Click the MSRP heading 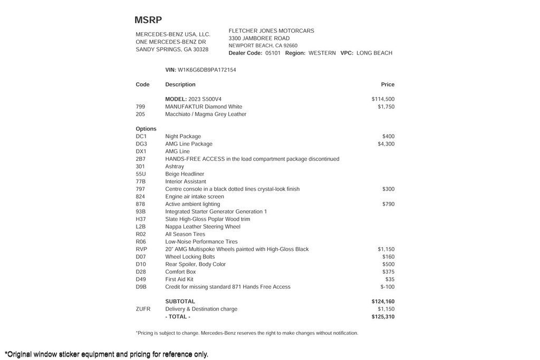click(x=148, y=20)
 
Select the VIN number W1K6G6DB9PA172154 click(x=207, y=70)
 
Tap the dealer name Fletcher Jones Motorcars click(x=271, y=31)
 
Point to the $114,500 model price click(x=383, y=99)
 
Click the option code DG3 click(x=141, y=144)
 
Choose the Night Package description click(x=183, y=137)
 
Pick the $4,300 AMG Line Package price click(x=386, y=144)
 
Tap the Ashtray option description click(x=175, y=167)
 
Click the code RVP click(x=141, y=249)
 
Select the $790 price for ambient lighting click(x=388, y=204)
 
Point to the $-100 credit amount click(x=387, y=287)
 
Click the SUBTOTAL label click(x=180, y=301)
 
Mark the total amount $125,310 click(x=383, y=317)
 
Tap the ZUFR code click(x=143, y=309)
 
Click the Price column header click(x=388, y=84)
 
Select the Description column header click(x=180, y=84)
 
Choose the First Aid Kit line click(x=179, y=279)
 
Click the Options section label click(x=146, y=129)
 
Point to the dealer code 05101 click(x=273, y=53)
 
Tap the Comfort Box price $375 click(x=388, y=272)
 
